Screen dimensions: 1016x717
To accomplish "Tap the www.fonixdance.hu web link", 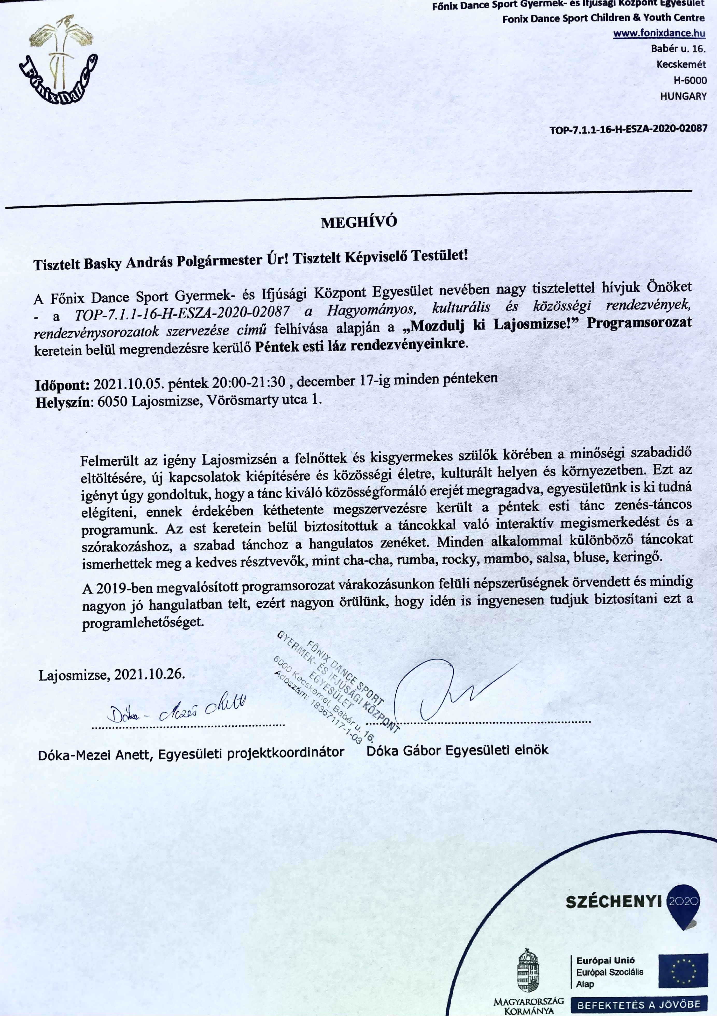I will click(x=659, y=33).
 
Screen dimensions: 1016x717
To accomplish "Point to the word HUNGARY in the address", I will click(x=683, y=96).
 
